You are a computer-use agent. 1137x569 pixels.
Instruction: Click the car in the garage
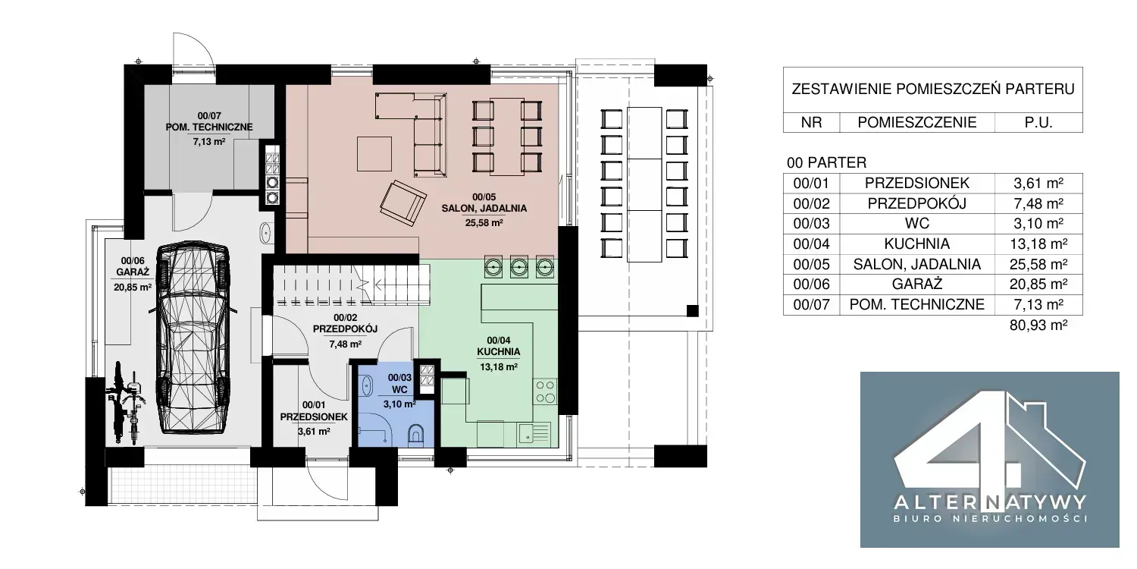coord(193,338)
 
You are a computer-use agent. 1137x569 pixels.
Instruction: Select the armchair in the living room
coord(403,203)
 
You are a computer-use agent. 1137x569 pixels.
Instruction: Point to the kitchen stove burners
coord(545,391)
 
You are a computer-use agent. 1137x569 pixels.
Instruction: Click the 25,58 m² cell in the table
coord(1038,264)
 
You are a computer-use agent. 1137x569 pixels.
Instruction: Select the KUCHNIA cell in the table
coord(916,244)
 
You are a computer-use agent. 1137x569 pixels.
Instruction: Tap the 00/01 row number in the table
coord(811,183)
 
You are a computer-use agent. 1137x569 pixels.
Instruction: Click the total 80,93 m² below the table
coord(1038,325)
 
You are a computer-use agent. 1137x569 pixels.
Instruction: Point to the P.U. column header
coord(1038,122)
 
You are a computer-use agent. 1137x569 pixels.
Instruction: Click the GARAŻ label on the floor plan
coord(133,272)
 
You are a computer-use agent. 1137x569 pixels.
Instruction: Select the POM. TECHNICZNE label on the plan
coord(209,127)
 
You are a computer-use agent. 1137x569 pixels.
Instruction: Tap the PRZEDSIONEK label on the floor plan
coord(314,417)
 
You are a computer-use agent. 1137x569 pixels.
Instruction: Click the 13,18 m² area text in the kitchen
coord(499,366)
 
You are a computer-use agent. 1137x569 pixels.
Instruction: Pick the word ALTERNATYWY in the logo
coord(990,503)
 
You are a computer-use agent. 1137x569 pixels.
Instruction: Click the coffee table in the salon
coord(374,154)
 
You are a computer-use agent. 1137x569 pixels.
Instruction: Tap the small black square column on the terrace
coord(692,311)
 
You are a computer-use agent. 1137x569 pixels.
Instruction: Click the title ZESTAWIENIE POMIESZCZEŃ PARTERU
coord(933,90)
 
